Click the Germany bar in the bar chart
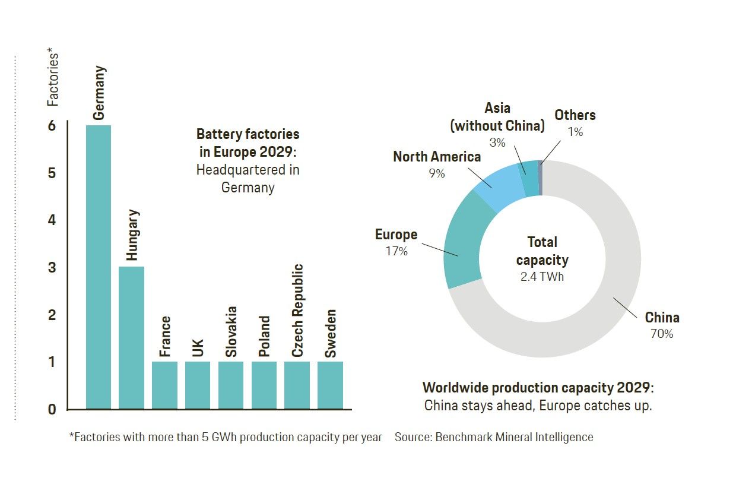pos(99,267)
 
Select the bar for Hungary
pos(132,338)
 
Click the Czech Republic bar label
pos(297,311)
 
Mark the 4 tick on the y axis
pos(52,220)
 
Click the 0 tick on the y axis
pos(52,409)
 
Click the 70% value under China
pos(661,334)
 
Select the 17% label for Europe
pos(396,251)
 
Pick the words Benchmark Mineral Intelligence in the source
pos(514,437)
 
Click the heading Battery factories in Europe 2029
pos(248,143)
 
